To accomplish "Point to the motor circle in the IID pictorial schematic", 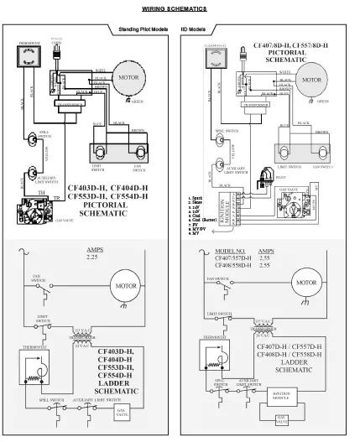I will (x=311, y=82).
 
